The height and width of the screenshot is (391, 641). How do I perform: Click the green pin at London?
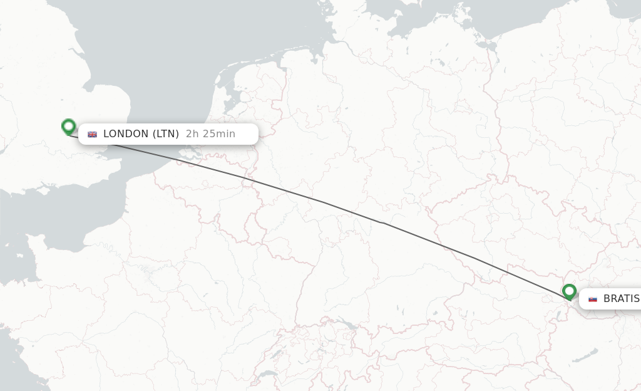pos(69,127)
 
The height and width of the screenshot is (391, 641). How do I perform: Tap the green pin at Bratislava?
pos(569,291)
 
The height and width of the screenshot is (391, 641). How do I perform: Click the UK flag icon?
pos(93,134)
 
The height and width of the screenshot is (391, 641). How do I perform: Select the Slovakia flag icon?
pos(593,299)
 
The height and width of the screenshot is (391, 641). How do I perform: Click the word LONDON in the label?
pos(126,133)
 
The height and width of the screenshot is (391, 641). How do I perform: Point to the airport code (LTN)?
pos(166,133)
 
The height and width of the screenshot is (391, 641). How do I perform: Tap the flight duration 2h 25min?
pos(210,133)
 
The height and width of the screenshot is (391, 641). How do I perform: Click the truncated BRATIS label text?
pos(621,299)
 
